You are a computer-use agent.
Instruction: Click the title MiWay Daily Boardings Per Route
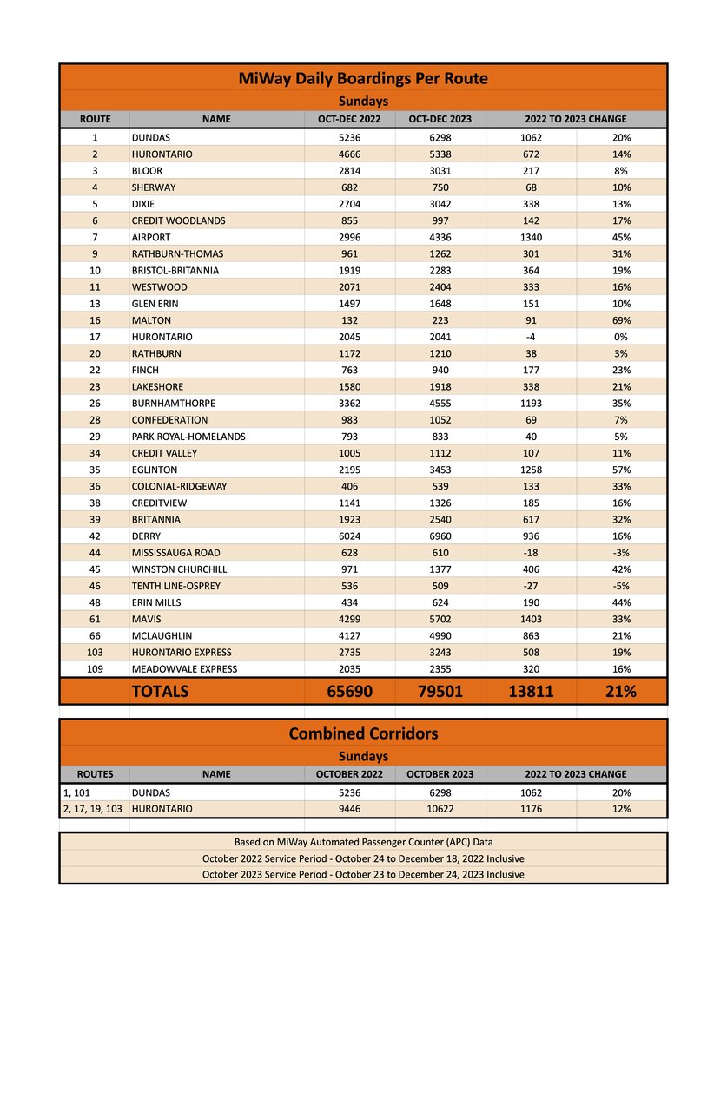tap(363, 79)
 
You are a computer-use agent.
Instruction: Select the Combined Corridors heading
tap(363, 733)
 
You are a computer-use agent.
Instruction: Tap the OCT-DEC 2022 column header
tap(350, 119)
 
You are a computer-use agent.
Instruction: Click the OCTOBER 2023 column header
tap(440, 773)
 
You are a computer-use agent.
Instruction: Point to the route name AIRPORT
tap(151, 237)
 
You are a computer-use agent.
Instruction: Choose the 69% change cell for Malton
tap(621, 320)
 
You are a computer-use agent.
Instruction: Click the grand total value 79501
tap(440, 692)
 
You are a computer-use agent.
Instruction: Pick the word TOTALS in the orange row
tap(160, 692)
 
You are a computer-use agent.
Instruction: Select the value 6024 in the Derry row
tap(350, 536)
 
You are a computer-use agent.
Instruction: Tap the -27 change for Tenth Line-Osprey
tap(531, 586)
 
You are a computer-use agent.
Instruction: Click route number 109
tap(95, 669)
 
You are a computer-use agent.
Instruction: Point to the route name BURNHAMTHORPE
tap(174, 404)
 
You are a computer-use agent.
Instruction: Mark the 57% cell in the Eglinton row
tap(621, 470)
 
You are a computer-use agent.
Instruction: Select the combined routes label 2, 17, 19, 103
tap(94, 809)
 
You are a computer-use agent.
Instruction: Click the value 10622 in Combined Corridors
tap(440, 809)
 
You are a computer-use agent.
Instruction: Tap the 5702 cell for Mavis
tap(440, 620)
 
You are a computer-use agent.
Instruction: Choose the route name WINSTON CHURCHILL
tap(180, 569)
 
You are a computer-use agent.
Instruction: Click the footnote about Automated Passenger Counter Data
tap(363, 842)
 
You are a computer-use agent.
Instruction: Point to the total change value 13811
tap(531, 692)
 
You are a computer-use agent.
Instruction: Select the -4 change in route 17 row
tap(531, 337)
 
